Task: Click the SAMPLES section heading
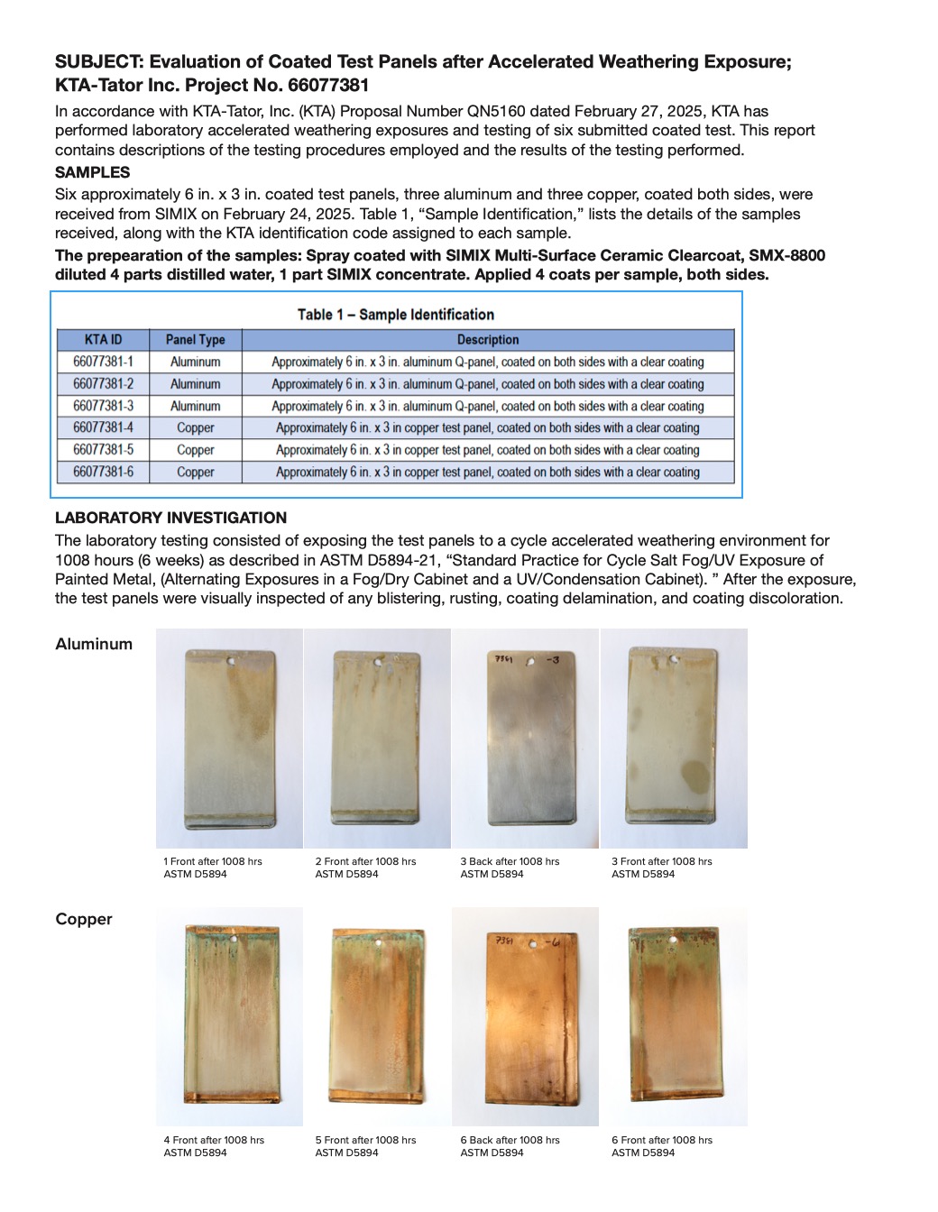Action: (92, 172)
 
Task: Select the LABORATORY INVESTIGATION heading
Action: (170, 518)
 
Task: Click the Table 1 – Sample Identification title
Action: (396, 315)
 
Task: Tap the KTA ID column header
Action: (103, 340)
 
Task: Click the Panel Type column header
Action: (195, 340)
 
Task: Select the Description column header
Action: (488, 340)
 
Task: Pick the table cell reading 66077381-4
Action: (103, 427)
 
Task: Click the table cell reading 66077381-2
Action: (103, 384)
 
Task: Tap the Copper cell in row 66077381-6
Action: (195, 472)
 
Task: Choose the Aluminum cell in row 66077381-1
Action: (195, 362)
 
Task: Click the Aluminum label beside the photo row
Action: (94, 644)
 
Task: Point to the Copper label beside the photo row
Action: (84, 919)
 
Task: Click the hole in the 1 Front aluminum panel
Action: (231, 661)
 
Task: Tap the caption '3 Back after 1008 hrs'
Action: (510, 861)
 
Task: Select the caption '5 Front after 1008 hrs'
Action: (365, 1140)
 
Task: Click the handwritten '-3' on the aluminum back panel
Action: (552, 659)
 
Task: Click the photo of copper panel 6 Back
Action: (525, 1016)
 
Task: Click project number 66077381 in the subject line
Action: (328, 86)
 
